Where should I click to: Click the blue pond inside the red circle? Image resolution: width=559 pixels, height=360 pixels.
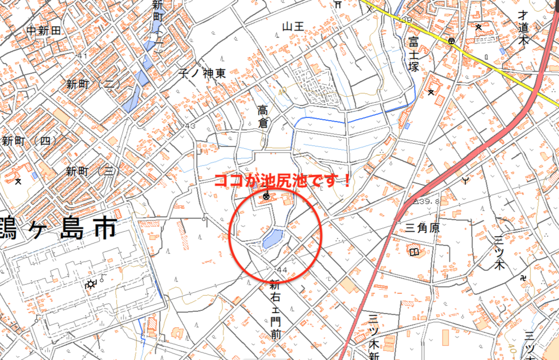272,239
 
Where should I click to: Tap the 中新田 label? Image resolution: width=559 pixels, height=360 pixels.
44,31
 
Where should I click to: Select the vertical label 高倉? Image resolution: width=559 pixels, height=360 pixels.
264,117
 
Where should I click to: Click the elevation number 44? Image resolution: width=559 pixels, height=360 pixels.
282,270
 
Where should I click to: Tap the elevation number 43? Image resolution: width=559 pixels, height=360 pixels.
190,127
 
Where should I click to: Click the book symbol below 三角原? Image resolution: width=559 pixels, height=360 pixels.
415,252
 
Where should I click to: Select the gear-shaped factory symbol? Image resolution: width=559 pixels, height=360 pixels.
91,284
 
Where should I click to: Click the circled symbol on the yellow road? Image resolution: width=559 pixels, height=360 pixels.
451,41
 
